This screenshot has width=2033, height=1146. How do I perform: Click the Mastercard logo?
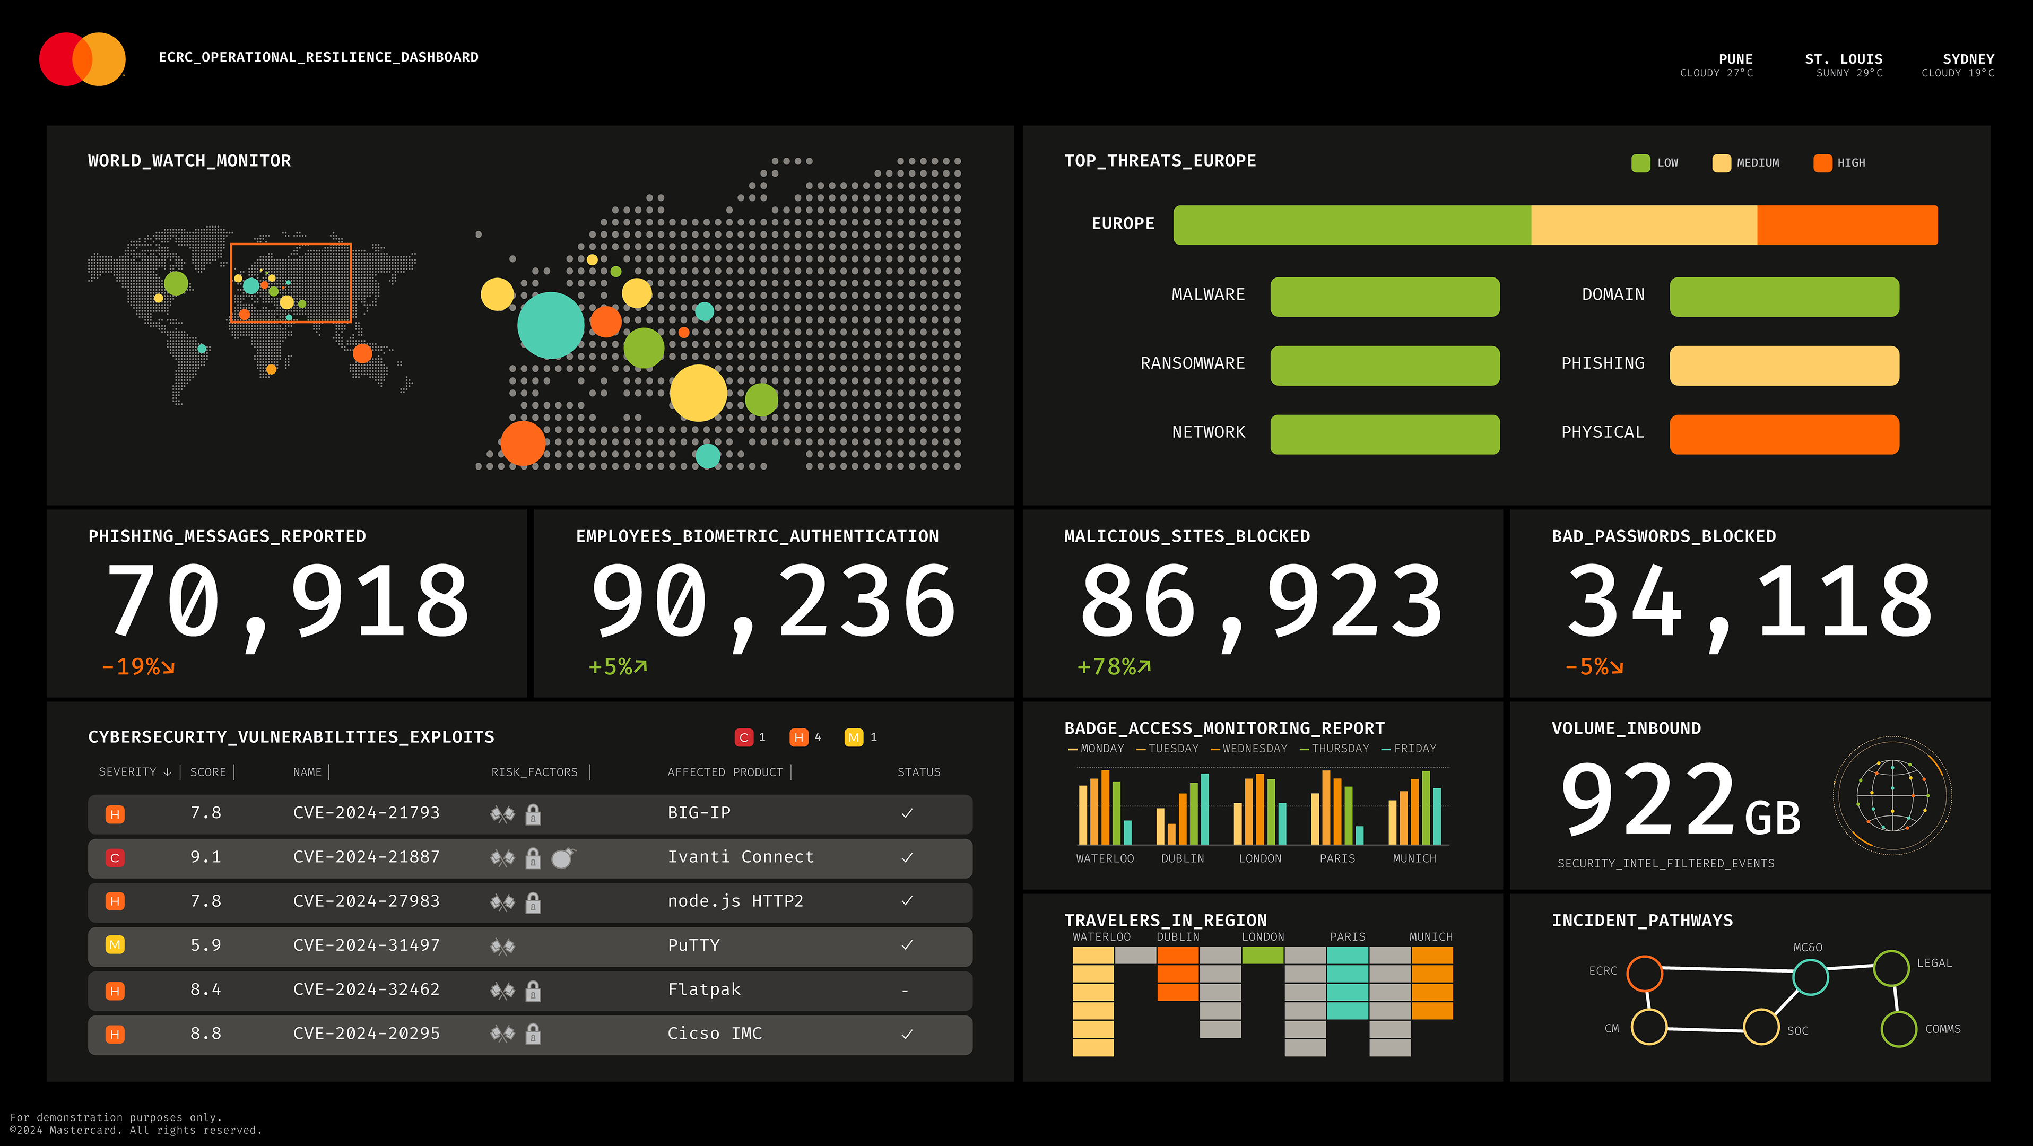[x=82, y=59]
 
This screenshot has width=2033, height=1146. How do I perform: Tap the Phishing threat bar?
[x=1784, y=366]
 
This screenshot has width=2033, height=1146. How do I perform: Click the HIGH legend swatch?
[x=1822, y=163]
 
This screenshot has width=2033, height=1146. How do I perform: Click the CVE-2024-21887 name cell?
[x=366, y=857]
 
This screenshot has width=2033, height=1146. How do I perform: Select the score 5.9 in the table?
[x=205, y=945]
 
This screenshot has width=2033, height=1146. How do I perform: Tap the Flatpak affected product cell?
[x=704, y=989]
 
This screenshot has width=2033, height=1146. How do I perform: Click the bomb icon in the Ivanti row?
[x=563, y=858]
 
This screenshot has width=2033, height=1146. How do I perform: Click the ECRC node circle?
[x=1645, y=973]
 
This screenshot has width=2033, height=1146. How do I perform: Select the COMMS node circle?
[x=1899, y=1029]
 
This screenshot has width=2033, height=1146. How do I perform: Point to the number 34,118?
[x=1749, y=602]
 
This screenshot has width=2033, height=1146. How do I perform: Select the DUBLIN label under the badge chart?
[x=1182, y=859]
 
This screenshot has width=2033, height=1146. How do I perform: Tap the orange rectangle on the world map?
[x=290, y=283]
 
